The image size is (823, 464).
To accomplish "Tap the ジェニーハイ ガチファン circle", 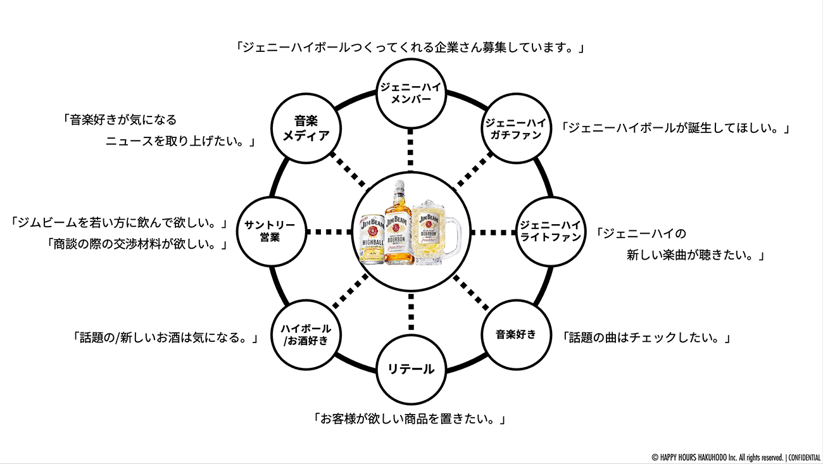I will click(513, 129).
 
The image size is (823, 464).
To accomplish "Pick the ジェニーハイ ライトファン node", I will click(549, 232).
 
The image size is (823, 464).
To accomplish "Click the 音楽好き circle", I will click(515, 334).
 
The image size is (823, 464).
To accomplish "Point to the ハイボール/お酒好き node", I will click(305, 334).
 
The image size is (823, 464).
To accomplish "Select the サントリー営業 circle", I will click(271, 232).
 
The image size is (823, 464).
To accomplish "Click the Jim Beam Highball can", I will click(372, 239).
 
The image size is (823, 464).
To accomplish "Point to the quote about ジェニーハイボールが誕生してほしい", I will click(676, 128).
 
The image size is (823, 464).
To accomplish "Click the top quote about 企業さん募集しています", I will click(410, 47).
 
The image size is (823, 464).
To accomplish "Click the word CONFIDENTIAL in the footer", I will click(805, 457).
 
